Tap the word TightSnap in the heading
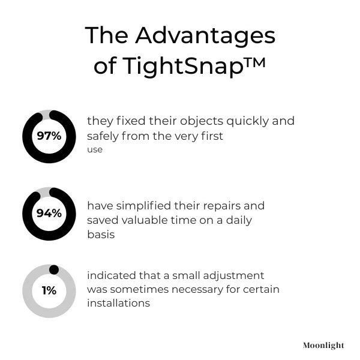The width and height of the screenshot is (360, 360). pyautogui.click(x=182, y=66)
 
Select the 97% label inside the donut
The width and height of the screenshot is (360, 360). pyautogui.click(x=49, y=136)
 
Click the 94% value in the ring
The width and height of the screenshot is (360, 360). pyautogui.click(x=49, y=213)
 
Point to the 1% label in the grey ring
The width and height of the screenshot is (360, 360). pyautogui.click(x=49, y=290)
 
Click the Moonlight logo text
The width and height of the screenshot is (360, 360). pyautogui.click(x=323, y=346)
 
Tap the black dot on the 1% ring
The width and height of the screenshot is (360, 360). pyautogui.click(x=53, y=269)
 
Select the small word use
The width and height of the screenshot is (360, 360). pyautogui.click(x=95, y=149)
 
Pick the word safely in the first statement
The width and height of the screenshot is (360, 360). pyautogui.click(x=104, y=136)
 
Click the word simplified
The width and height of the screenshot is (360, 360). pyautogui.click(x=142, y=206)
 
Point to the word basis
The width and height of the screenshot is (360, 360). pyautogui.click(x=101, y=235)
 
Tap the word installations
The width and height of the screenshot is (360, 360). pyautogui.click(x=118, y=304)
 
